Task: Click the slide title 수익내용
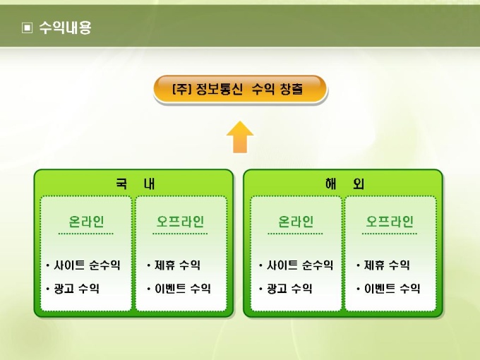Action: [x=65, y=28]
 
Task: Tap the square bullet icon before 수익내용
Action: [x=28, y=29]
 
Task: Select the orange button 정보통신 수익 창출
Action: [x=240, y=90]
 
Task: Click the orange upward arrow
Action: [x=240, y=137]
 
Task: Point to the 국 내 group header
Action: [x=134, y=184]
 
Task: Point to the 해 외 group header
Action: [x=344, y=184]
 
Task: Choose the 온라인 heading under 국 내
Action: [x=86, y=221]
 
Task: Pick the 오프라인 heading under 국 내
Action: [x=181, y=221]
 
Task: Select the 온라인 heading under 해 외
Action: [x=296, y=221]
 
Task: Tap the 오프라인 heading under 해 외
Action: [x=390, y=221]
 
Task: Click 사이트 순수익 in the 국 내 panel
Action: [x=86, y=265]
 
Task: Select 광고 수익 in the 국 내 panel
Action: [x=76, y=288]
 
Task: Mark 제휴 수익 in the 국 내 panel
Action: [x=176, y=265]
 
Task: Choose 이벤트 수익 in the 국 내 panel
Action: [x=181, y=288]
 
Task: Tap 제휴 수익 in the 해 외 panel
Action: [x=386, y=265]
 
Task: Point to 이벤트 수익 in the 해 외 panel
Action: [x=392, y=288]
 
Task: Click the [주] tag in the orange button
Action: [x=182, y=90]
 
